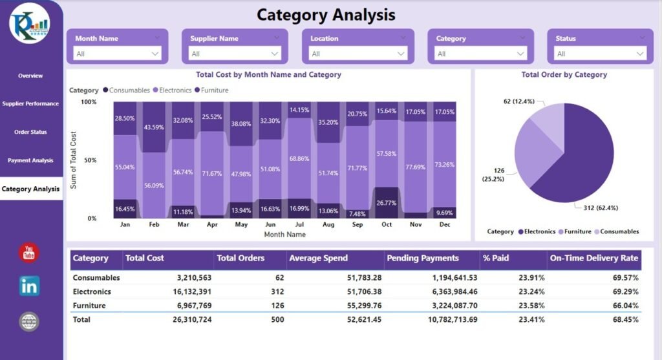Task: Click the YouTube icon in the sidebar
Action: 29,252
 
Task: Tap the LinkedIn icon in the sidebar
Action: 29,286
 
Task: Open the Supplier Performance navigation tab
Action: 30,103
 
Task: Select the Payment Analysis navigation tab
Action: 30,160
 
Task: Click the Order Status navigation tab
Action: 30,132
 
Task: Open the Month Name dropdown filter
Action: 117,54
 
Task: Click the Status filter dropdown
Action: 601,54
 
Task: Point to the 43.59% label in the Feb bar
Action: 153,127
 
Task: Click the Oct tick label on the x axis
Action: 387,224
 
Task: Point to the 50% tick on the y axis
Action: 89,160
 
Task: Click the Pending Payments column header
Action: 422,258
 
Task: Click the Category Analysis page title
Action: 326,14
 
